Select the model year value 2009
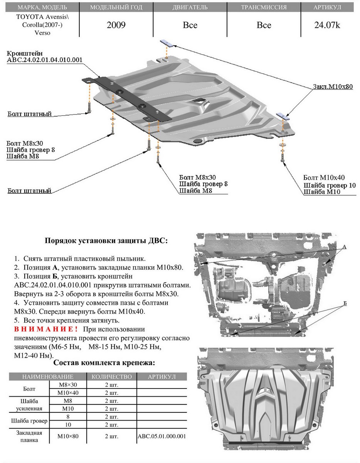coord(116,25)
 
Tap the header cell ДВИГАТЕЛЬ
coord(190,7)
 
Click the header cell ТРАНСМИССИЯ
coord(264,7)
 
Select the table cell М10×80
coord(68,436)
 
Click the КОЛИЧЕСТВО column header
coord(111,377)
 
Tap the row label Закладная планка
coord(29,436)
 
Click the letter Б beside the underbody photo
coord(345,303)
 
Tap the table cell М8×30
coord(68,385)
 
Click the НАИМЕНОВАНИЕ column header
coord(48,377)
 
